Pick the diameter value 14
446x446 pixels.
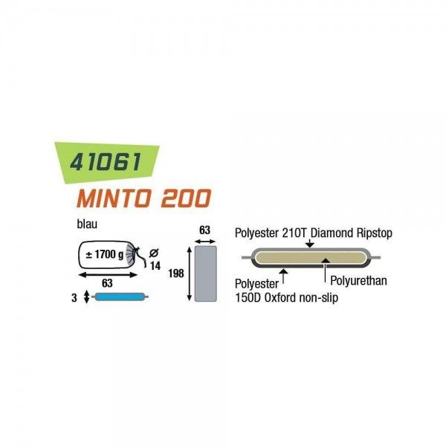pyautogui.click(x=155, y=265)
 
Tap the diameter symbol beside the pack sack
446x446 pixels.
pyautogui.click(x=153, y=250)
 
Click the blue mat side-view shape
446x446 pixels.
pyautogui.click(x=114, y=297)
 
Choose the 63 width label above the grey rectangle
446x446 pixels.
pyautogui.click(x=204, y=230)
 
